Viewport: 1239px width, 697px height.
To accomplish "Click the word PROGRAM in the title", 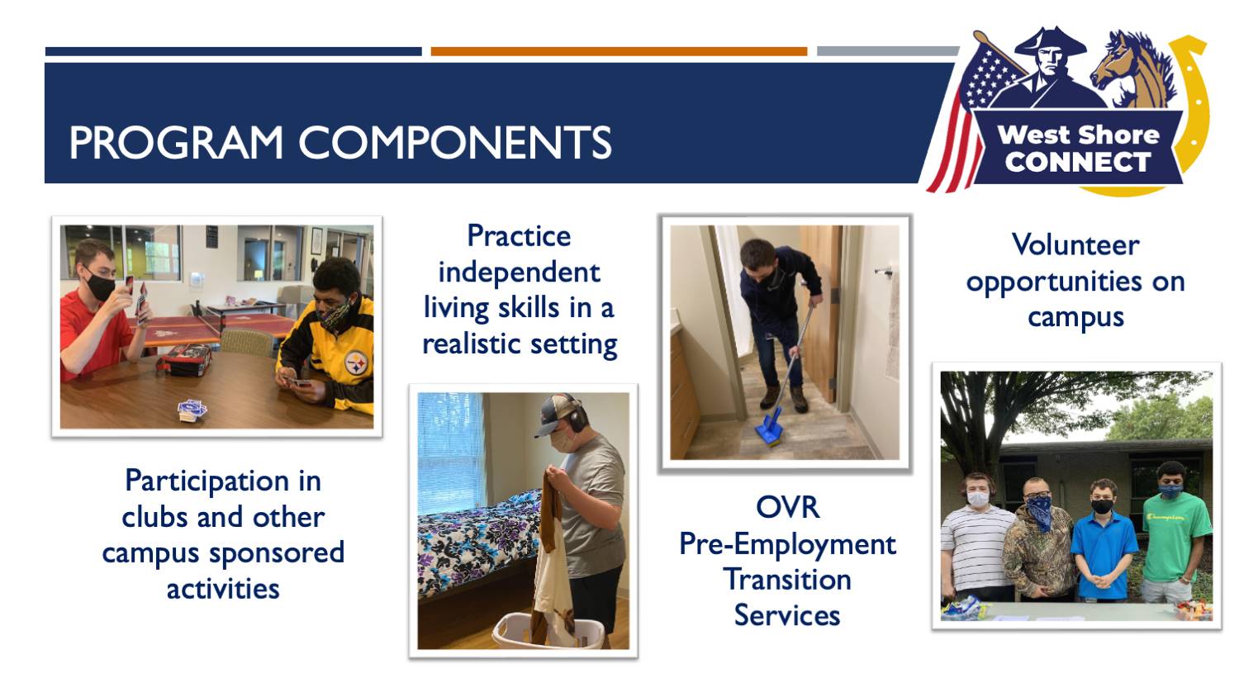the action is pos(176,143).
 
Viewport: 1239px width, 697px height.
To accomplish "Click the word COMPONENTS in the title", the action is pos(455,143).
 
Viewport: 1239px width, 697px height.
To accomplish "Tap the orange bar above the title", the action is pos(619,51).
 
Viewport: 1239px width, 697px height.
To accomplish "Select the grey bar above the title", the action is pos(888,51).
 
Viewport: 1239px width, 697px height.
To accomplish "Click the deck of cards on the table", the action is pos(192,410).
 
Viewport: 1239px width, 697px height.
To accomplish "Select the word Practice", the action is pos(519,237).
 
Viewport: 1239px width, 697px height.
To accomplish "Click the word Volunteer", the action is pos(1075,245).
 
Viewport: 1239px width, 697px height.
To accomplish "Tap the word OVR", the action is pos(787,507).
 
